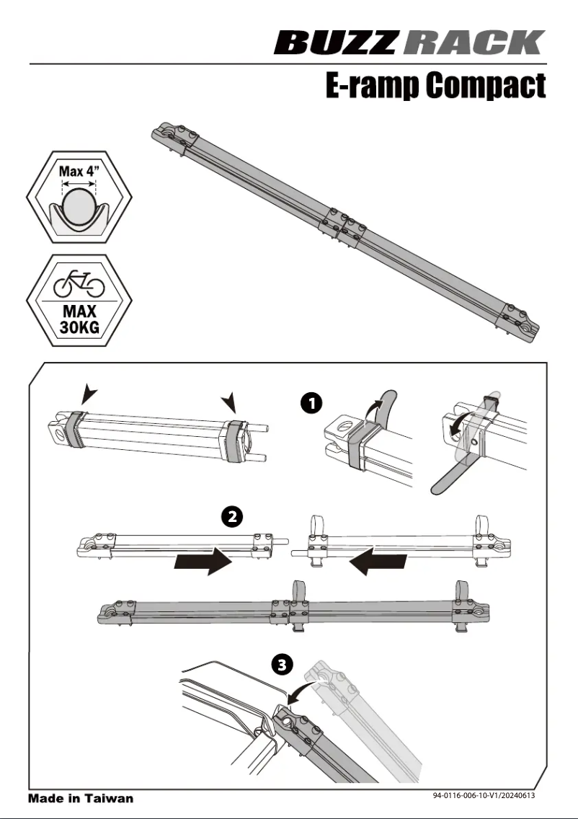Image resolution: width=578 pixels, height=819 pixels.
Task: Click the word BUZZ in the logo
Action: [335, 43]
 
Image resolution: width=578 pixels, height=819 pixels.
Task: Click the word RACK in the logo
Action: [473, 43]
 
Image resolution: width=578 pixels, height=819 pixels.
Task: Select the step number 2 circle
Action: [231, 517]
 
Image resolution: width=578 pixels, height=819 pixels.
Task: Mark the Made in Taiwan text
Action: [81, 798]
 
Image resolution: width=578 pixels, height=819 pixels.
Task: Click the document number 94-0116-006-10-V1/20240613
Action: [484, 796]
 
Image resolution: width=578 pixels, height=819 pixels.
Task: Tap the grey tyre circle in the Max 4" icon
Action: [78, 205]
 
